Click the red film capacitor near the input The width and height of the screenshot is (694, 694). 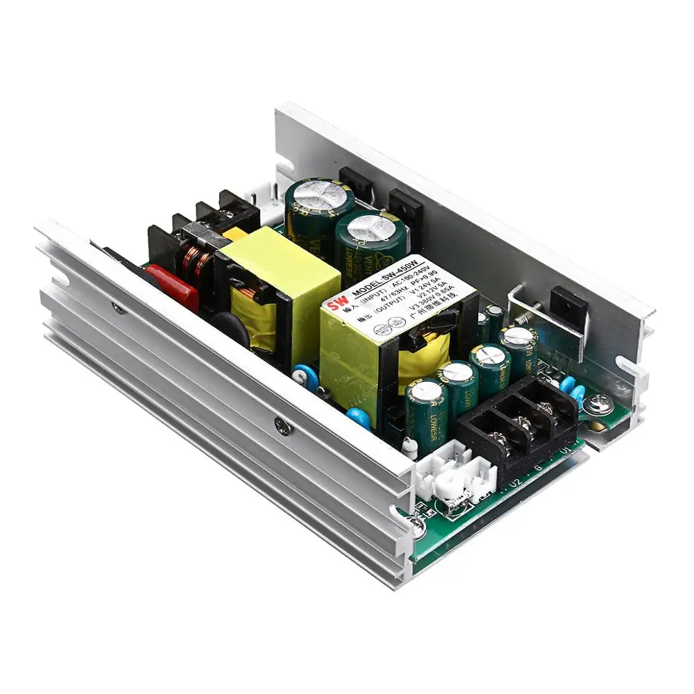pyautogui.click(x=172, y=286)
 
